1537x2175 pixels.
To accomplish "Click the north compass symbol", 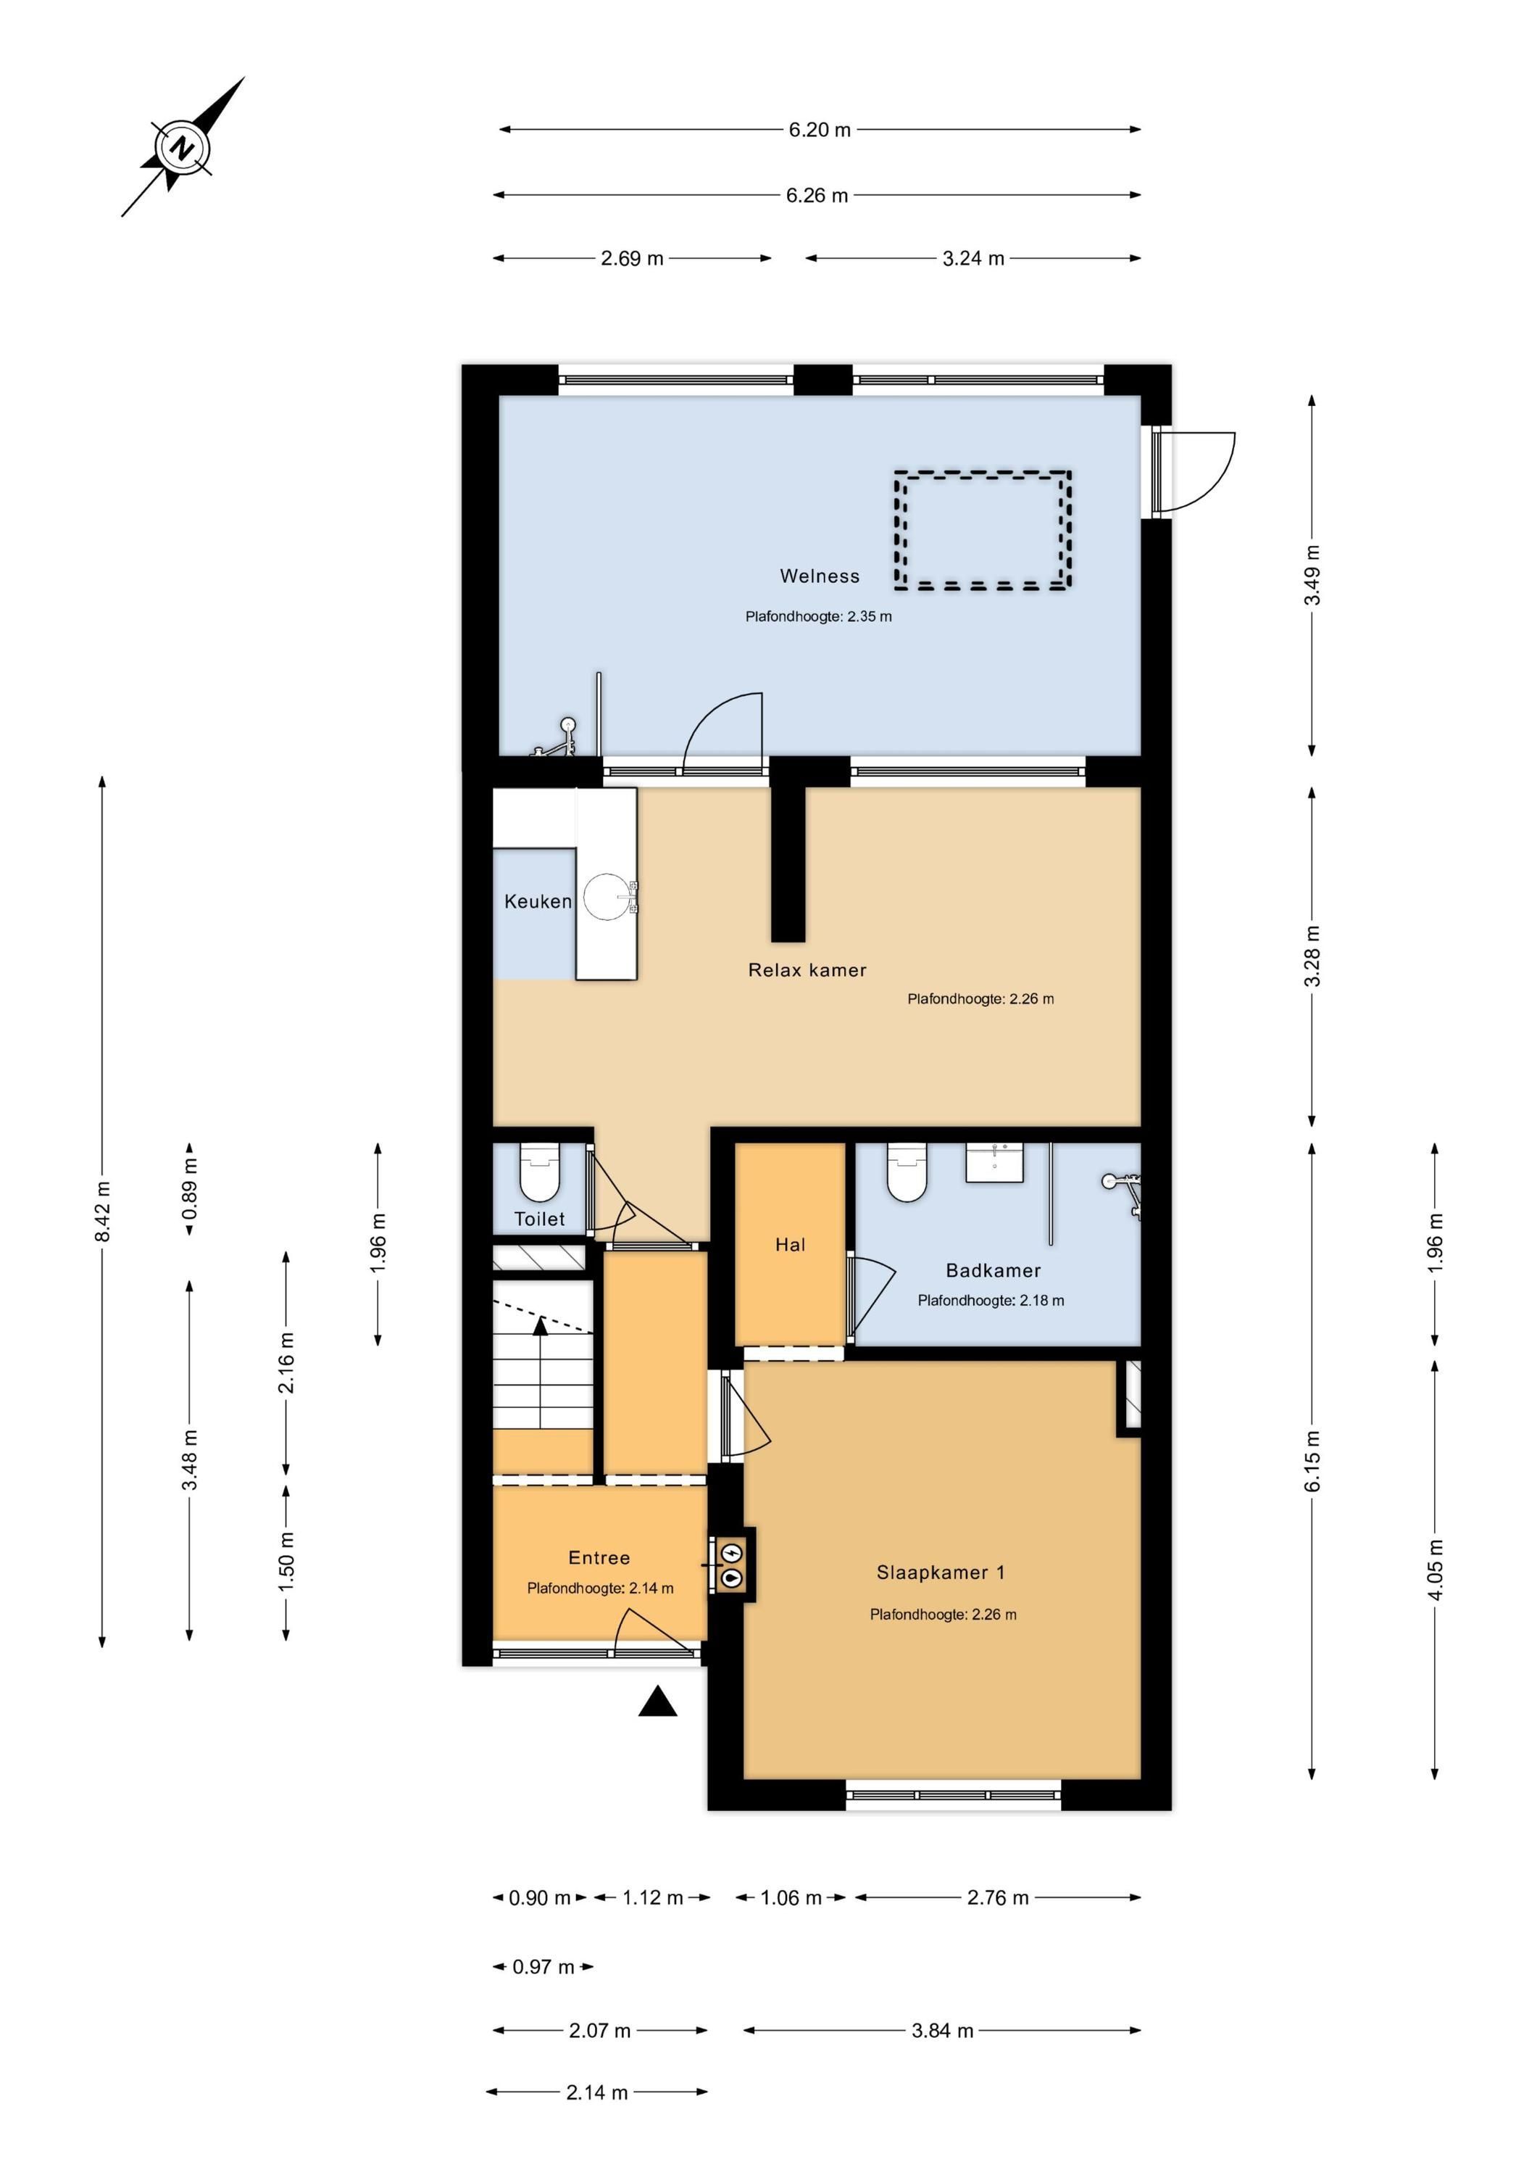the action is coord(182,148).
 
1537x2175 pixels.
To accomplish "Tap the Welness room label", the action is coord(819,576).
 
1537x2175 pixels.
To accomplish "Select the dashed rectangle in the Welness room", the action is coord(983,531).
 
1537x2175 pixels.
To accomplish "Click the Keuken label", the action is coord(537,901).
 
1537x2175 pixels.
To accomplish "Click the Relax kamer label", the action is coord(807,970).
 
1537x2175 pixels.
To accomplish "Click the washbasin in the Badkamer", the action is coord(994,1162).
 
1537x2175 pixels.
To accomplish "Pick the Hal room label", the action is coord(790,1245).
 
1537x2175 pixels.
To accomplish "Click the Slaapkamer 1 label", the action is coord(941,1573).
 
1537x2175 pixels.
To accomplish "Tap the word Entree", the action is coord(599,1557).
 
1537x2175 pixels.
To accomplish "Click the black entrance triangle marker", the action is coord(657,1702).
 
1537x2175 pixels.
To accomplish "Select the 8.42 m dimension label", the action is coord(102,1211).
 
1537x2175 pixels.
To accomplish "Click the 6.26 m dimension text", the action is coord(816,195).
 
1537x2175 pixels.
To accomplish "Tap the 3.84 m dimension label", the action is coord(942,2030).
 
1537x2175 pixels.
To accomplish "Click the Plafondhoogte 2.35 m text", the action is coord(818,617).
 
